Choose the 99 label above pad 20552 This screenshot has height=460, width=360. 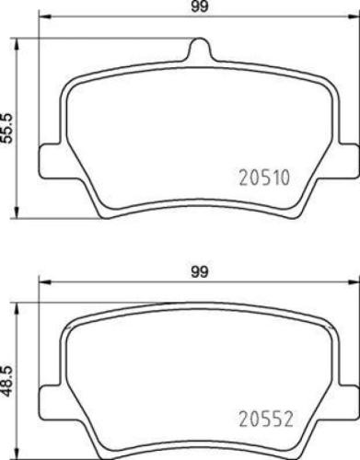pyautogui.click(x=196, y=271)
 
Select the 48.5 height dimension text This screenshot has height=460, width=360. pyautogui.click(x=8, y=379)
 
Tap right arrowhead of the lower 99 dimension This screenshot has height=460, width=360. pyautogui.click(x=354, y=283)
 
